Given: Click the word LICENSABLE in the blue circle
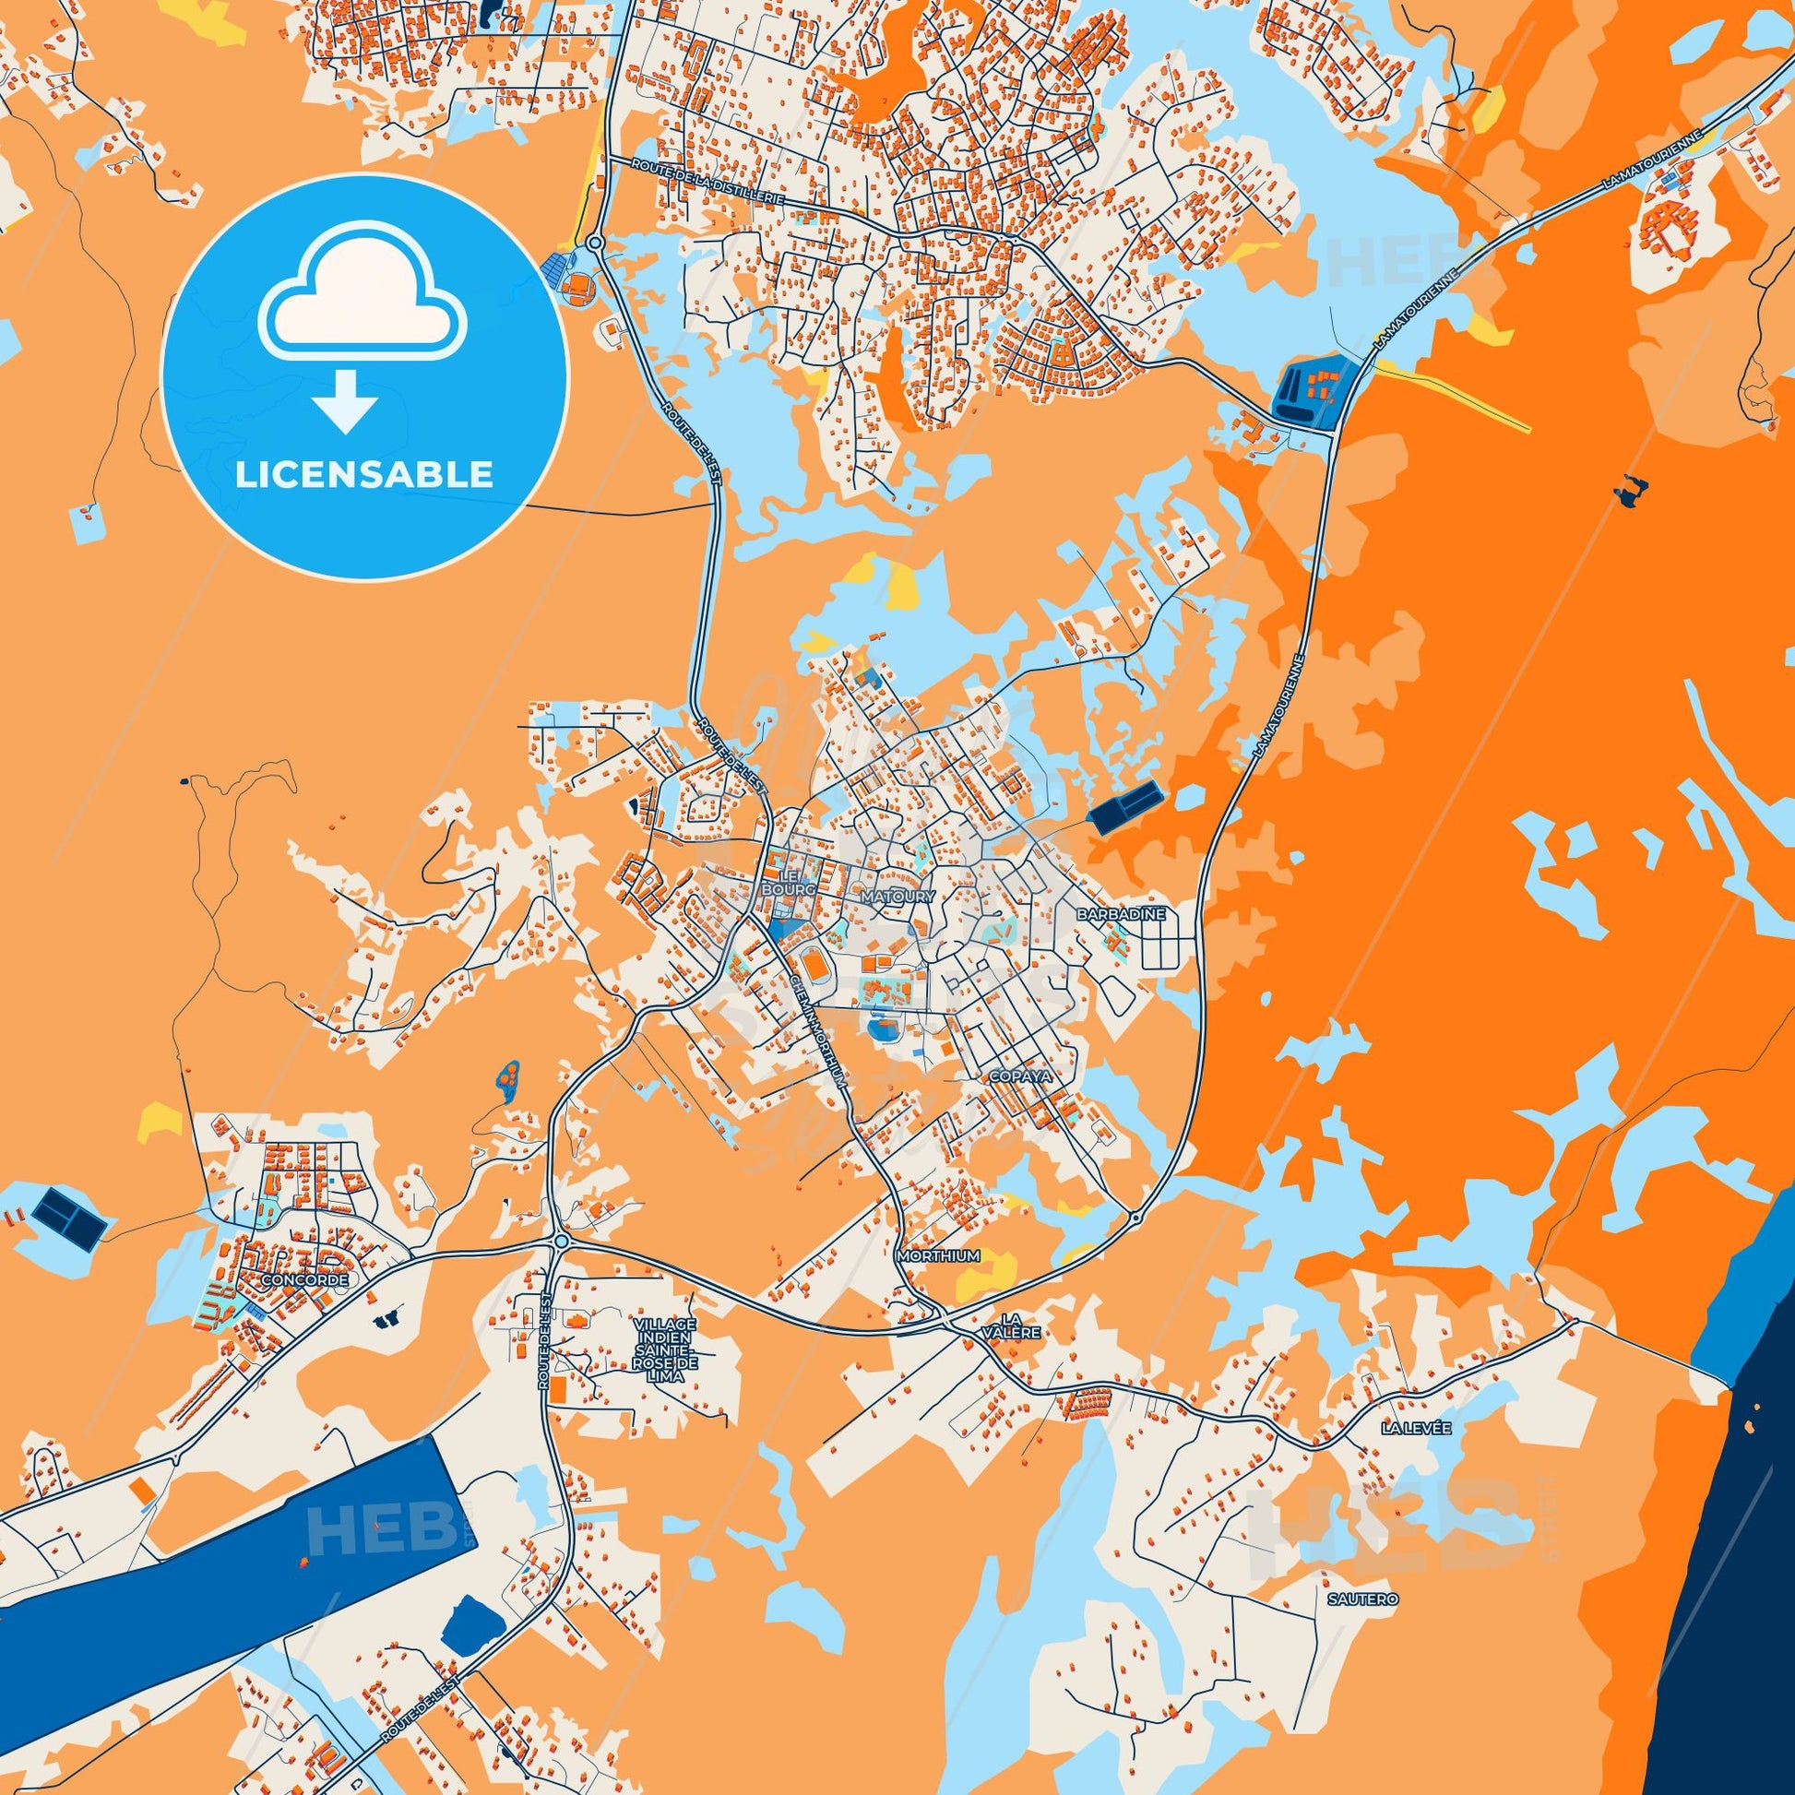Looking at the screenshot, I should click(x=364, y=475).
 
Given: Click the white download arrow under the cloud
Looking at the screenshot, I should click(x=345, y=400).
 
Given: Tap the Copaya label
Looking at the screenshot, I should click(x=1019, y=1076).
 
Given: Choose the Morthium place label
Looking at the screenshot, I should click(x=939, y=1256).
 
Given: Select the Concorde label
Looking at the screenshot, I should click(x=304, y=1279).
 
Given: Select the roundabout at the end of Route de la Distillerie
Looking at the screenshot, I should click(x=595, y=243).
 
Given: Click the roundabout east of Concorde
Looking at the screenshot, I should click(x=560, y=1242).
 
